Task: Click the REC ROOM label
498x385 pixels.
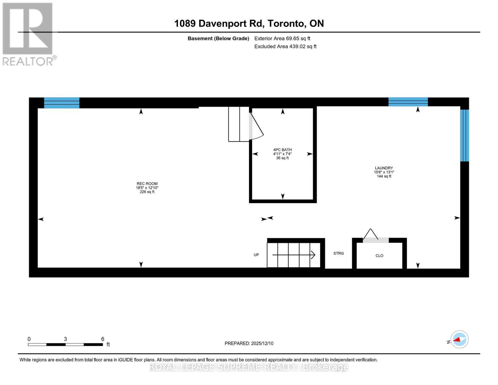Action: [x=147, y=184]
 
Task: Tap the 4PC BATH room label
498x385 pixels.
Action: [x=282, y=150]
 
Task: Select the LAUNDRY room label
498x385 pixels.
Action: [x=384, y=168]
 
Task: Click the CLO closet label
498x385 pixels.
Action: [x=379, y=256]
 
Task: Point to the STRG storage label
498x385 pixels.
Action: [x=338, y=253]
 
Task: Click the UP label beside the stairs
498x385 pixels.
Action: [x=256, y=255]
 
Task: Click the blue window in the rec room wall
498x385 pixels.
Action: [x=62, y=103]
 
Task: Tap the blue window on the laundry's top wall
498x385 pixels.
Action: [x=408, y=102]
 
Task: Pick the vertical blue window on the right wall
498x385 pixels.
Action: [x=464, y=135]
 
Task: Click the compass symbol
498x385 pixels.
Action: [x=460, y=339]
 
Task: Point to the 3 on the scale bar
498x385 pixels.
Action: [x=65, y=339]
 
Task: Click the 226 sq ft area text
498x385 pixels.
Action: [x=147, y=192]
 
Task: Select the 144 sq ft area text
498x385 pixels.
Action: [x=384, y=176]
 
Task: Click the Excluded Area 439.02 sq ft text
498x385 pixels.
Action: [x=285, y=47]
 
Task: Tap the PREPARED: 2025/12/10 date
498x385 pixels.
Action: [x=249, y=343]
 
